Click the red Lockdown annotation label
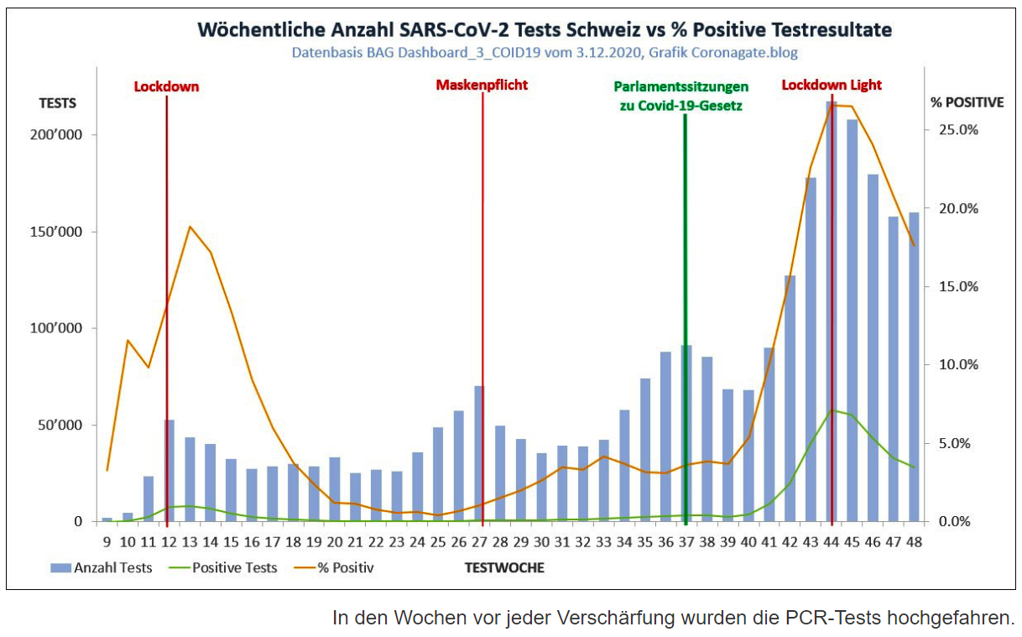click(x=166, y=86)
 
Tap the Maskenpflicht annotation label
click(x=482, y=86)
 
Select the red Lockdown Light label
click(x=832, y=86)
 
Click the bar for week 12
click(x=169, y=471)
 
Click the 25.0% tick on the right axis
click(x=957, y=130)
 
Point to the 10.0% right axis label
click(x=957, y=365)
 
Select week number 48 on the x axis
click(x=913, y=542)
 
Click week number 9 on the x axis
click(x=107, y=542)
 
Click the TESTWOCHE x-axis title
click(x=504, y=568)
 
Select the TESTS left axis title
click(x=58, y=103)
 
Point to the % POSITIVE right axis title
click(x=967, y=102)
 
